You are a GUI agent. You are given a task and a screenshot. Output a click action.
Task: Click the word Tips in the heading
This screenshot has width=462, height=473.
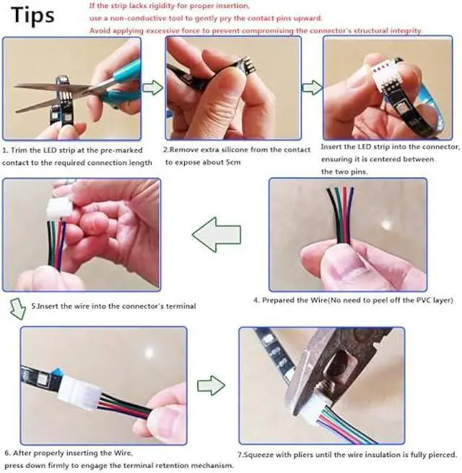(32, 15)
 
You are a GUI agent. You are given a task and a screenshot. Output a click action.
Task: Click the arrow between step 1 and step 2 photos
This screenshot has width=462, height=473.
(153, 87)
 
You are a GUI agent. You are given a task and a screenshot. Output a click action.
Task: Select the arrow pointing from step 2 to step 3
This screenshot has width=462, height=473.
(313, 87)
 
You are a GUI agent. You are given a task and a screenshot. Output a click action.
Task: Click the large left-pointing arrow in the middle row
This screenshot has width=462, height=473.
(217, 235)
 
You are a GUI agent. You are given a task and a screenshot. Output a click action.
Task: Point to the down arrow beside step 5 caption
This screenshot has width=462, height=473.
(18, 308)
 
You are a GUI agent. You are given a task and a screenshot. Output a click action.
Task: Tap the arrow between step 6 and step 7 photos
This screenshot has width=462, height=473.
(211, 385)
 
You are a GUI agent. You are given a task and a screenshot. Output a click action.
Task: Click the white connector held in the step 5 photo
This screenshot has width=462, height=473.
(58, 206)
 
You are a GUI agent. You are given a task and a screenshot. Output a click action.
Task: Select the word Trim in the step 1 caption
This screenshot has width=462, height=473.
(19, 150)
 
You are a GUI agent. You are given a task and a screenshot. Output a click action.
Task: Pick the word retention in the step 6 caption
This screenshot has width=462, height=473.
(173, 466)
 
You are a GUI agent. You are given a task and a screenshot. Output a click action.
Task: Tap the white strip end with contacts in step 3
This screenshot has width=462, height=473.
(383, 72)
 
